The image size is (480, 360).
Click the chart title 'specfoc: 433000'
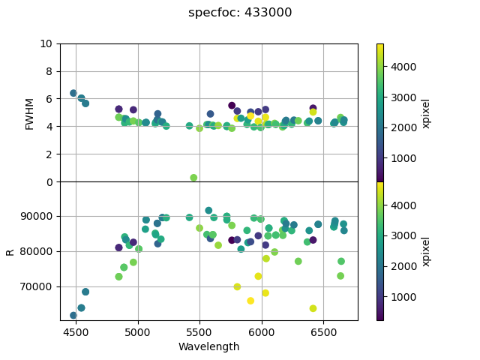240,13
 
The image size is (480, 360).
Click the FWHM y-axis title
30,113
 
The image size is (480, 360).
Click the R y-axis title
10,251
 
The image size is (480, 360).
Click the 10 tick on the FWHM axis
46,43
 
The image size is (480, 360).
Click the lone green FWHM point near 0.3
193,178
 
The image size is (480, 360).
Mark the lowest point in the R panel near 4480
73,316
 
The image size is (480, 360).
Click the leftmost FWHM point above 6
73,93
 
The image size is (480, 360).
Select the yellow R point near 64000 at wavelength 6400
313,308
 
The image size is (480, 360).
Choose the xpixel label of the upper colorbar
426,113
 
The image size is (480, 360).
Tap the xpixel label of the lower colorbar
426,251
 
